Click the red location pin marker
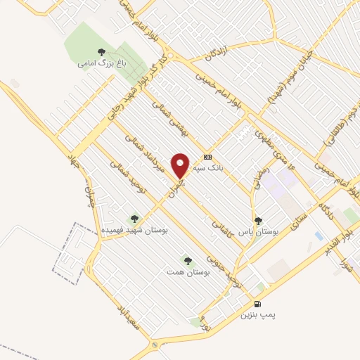coord(181,165)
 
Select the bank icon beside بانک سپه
coord(207,157)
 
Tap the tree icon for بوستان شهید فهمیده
coord(134,218)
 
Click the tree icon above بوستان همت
coord(186,259)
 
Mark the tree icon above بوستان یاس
coord(257,219)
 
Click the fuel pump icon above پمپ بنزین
coord(257,304)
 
